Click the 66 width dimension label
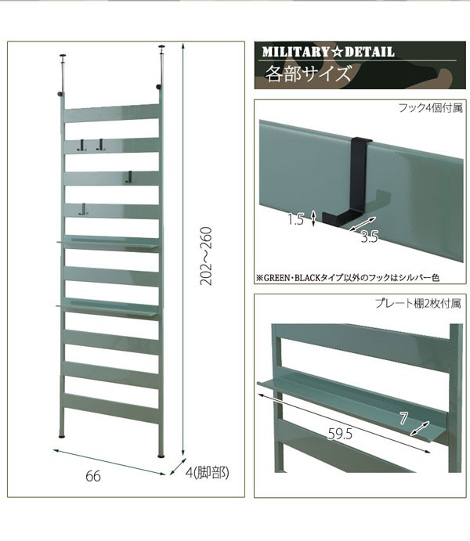[x=93, y=476]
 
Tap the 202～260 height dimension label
[x=206, y=256]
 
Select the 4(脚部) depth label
[x=207, y=473]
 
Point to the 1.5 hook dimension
[x=296, y=219]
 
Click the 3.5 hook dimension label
[x=370, y=236]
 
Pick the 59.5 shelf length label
[x=340, y=434]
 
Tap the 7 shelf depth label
[x=403, y=419]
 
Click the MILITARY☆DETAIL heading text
[x=328, y=52]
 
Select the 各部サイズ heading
[x=308, y=74]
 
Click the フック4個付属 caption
[x=430, y=107]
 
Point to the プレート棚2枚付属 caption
[x=418, y=303]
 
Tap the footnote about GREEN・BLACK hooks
[x=348, y=277]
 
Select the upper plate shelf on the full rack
[x=108, y=243]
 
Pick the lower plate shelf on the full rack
[x=107, y=307]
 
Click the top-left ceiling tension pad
[x=63, y=56]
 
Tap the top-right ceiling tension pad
[x=161, y=46]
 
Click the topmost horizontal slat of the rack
[x=112, y=114]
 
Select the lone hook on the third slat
[x=128, y=177]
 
